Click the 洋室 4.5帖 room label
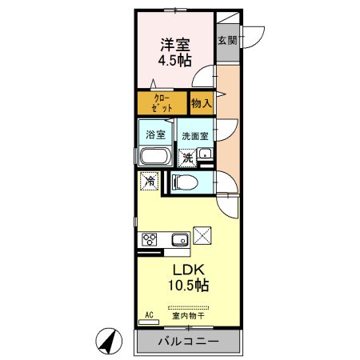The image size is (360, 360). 175,53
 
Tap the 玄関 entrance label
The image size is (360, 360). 227,41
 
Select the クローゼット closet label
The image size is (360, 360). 162,103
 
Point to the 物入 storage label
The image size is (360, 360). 202,103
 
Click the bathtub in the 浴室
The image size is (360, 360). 155,156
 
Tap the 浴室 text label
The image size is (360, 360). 155,134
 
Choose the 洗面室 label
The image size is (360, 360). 195,136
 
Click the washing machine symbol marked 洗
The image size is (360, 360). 187,158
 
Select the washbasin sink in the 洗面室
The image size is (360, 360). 205,154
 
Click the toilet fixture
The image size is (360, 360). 185,182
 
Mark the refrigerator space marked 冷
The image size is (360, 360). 150,181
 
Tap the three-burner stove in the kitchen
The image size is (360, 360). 150,239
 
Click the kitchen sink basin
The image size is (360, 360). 180,239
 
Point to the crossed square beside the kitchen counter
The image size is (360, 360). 202,235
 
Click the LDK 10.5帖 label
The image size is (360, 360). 188,278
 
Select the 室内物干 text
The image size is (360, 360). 188,316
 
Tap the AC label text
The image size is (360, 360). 149,315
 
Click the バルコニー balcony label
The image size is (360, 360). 189,342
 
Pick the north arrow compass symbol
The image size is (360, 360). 109,341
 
